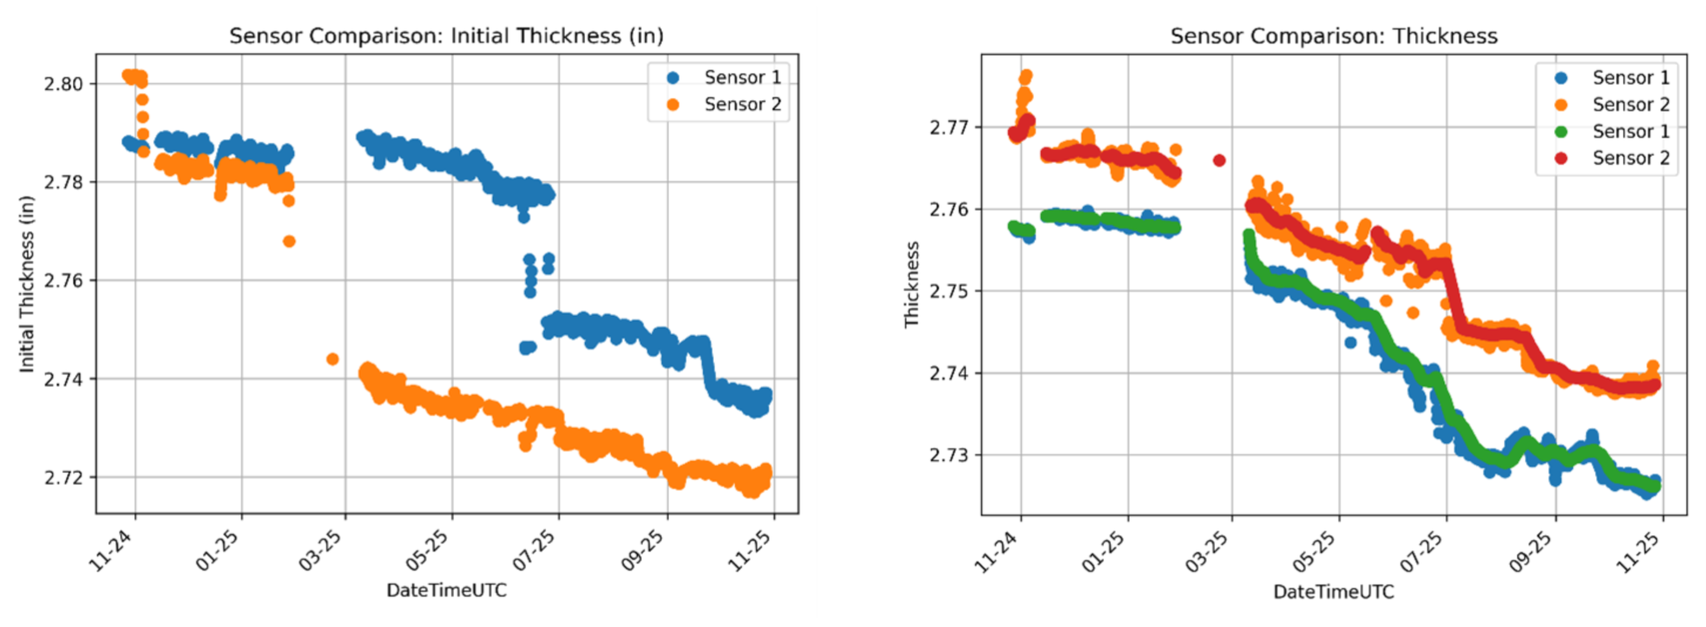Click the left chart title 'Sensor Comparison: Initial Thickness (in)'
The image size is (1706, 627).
(446, 35)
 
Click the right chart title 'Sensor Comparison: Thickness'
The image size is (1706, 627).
(1333, 35)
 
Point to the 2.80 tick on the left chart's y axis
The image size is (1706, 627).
(63, 84)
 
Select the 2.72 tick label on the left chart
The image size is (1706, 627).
(63, 478)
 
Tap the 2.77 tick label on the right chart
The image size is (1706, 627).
(949, 127)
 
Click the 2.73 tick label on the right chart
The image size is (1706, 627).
(949, 455)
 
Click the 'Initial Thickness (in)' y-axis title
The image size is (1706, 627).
(26, 284)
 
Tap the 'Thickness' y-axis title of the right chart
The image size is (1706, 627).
(912, 284)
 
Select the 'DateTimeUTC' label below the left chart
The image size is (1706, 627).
(446, 590)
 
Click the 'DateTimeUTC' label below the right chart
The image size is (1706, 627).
(1333, 591)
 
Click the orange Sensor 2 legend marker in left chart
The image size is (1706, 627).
(672, 105)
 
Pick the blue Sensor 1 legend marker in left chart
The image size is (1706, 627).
(672, 78)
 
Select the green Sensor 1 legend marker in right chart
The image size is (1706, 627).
(1561, 131)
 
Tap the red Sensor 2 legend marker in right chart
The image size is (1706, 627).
(1561, 158)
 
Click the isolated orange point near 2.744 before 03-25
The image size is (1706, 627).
(333, 359)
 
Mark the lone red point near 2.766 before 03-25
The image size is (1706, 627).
(1219, 160)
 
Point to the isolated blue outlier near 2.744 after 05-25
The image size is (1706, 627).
(1350, 342)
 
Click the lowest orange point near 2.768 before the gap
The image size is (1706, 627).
(289, 241)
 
